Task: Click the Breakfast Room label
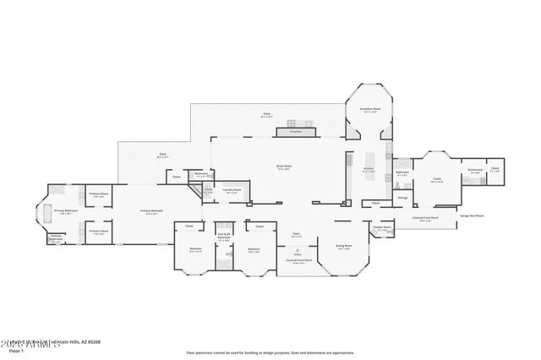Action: (x=371, y=109)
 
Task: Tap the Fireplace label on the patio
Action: (x=295, y=132)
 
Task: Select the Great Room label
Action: (x=284, y=167)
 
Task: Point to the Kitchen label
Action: (x=368, y=169)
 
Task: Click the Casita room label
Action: (x=437, y=179)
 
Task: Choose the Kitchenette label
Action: (x=475, y=170)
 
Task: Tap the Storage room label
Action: (x=402, y=198)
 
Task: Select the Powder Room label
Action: (x=382, y=227)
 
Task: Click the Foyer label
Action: (x=297, y=234)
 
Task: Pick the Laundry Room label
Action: (x=232, y=190)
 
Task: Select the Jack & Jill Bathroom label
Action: (x=224, y=237)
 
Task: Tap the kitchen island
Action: (x=369, y=161)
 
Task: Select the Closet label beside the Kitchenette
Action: (x=495, y=168)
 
